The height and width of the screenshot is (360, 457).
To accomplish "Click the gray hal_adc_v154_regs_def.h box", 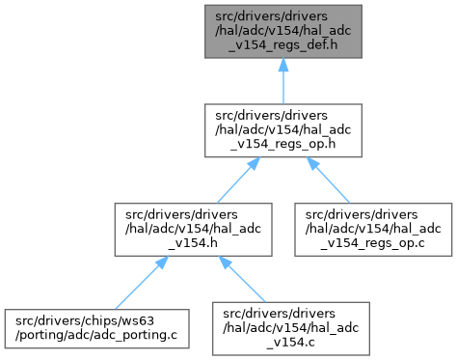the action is (x=283, y=32).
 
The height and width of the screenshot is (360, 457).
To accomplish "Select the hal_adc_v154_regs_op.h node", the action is (x=283, y=130).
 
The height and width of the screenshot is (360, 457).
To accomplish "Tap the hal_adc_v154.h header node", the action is (x=193, y=230).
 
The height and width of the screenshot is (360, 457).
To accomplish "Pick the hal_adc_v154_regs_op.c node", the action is (x=373, y=230).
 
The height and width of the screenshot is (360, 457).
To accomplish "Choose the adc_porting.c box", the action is (x=96, y=328).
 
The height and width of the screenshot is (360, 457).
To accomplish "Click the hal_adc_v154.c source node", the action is (x=291, y=328).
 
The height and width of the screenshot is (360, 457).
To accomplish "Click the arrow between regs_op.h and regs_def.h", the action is (x=283, y=81).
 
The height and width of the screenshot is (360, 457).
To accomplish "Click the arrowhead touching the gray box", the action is (x=283, y=65).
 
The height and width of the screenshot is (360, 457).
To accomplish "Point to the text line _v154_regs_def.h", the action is (x=283, y=44).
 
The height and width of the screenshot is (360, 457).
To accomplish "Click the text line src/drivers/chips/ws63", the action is (x=85, y=320).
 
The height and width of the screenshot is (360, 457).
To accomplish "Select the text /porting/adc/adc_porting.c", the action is (x=96, y=335).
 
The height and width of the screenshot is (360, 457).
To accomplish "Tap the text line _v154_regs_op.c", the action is (x=373, y=243).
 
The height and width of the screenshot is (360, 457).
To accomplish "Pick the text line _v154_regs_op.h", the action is (x=283, y=144).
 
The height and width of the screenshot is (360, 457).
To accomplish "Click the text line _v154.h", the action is (x=193, y=243).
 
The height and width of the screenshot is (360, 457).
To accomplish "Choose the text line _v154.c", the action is (x=291, y=342).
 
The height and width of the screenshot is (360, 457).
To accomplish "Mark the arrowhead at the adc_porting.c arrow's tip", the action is (x=162, y=263).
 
